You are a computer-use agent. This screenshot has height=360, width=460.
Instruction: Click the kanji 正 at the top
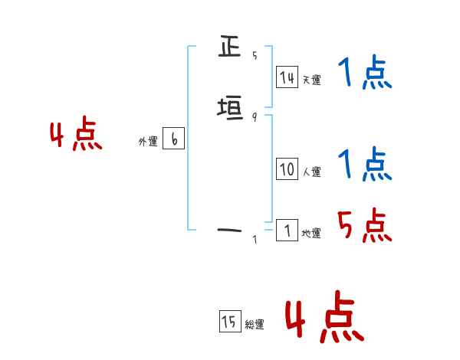pos(229,48)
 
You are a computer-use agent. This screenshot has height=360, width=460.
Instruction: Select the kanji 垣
pos(229,110)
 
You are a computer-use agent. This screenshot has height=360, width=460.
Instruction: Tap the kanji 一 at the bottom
pos(229,229)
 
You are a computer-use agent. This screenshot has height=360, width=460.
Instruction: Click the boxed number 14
pos(287,77)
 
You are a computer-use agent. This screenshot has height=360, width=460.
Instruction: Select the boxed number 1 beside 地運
pos(287,231)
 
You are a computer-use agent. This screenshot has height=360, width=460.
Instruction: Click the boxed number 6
pos(174,139)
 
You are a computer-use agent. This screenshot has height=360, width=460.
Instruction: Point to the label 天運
pos(311,80)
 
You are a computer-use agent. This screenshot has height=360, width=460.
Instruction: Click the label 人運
pos(312,172)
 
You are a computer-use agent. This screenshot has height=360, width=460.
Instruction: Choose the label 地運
pos(311,233)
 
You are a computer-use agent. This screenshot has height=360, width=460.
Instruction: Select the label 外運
pos(148,142)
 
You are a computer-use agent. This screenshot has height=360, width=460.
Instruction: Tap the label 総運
pos(255,325)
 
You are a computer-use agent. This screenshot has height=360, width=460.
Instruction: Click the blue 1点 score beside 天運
pos(364,74)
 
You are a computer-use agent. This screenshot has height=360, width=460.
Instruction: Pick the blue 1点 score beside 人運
pos(364,164)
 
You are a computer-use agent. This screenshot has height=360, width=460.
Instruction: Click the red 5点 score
pos(365,224)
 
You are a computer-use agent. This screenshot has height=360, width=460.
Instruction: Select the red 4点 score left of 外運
pos(76,136)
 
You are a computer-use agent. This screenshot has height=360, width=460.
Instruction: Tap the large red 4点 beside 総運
pos(324,316)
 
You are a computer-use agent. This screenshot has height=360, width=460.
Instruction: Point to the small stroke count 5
pos(255,55)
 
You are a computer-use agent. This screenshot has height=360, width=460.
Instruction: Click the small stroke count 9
pos(255,116)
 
